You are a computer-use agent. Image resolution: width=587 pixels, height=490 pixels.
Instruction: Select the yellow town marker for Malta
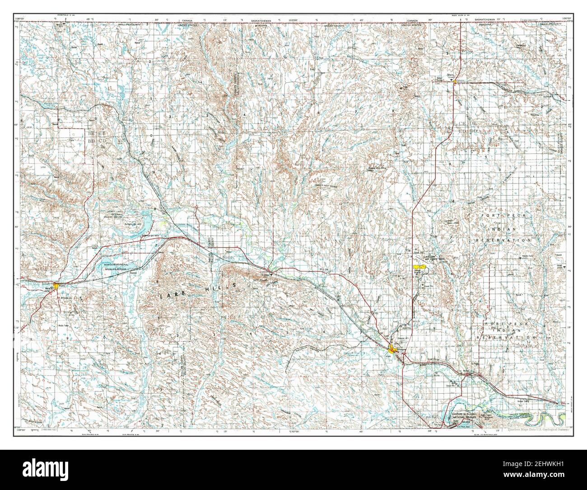56,285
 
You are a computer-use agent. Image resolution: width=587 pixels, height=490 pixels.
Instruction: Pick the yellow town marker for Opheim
453,82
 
